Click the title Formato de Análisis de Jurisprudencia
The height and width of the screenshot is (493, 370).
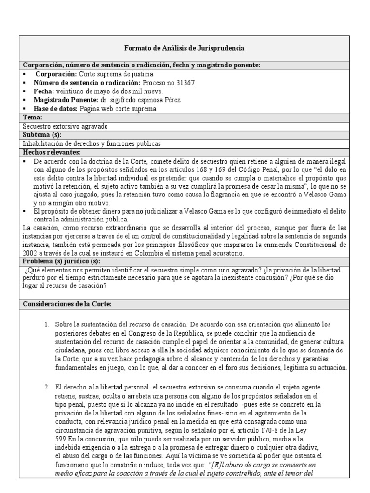pyautogui.click(x=185, y=48)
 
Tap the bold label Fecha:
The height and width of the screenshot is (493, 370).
pyautogui.click(x=44, y=91)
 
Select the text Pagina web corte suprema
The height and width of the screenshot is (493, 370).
pyautogui.click(x=118, y=109)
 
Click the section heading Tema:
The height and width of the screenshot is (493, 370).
pyautogui.click(x=33, y=117)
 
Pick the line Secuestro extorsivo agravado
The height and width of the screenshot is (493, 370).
pyautogui.click(x=66, y=126)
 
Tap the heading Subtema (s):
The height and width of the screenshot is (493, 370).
pyautogui.click(x=42, y=135)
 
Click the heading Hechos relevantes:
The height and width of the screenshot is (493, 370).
pyautogui.click(x=51, y=152)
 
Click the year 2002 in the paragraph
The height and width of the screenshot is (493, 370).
pyautogui.click(x=30, y=253)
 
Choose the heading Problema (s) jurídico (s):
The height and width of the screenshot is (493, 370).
pyautogui.click(x=61, y=261)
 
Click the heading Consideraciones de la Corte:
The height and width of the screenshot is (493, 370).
pyautogui.click(x=67, y=304)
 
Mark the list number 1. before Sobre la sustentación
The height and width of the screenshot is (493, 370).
pyautogui.click(x=47, y=325)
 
